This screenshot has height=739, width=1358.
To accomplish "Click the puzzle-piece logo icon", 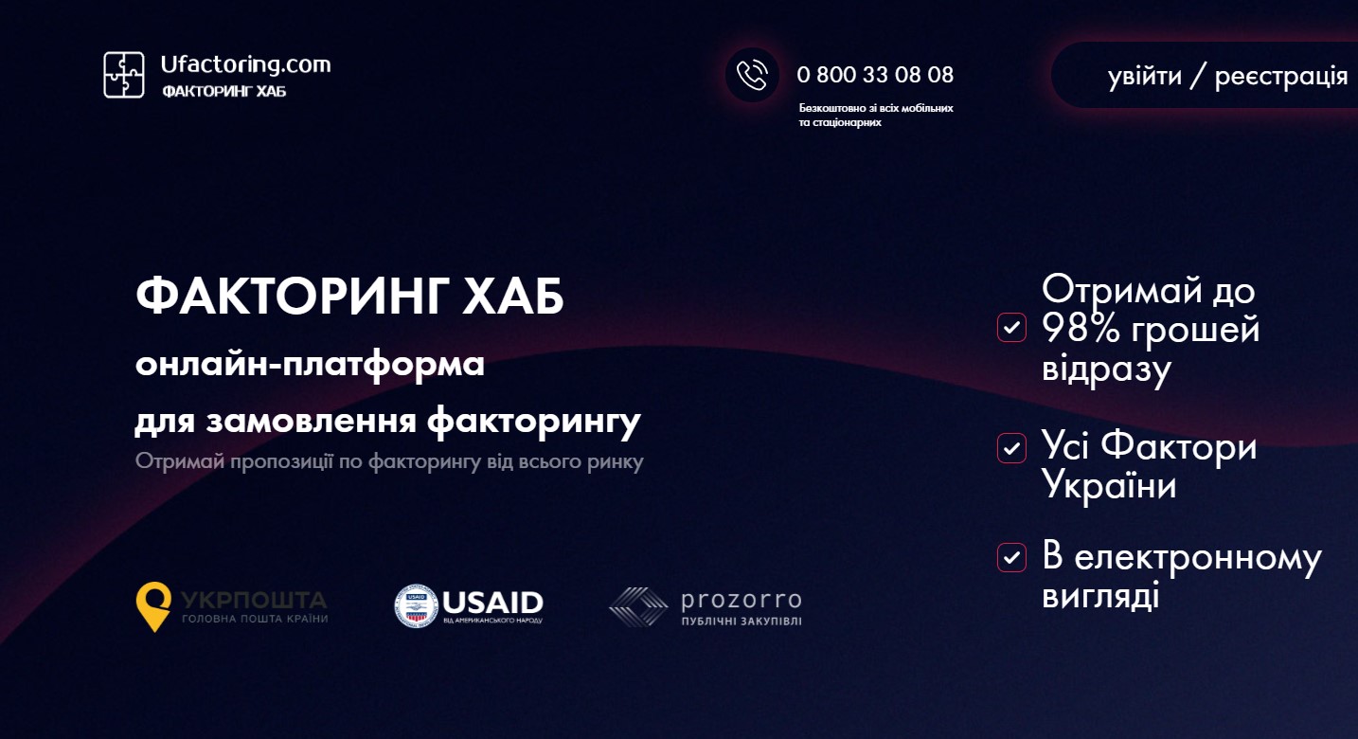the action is tap(124, 75).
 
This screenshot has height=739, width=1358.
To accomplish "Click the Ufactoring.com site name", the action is tap(245, 64).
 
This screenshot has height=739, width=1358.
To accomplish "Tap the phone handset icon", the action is tap(752, 75).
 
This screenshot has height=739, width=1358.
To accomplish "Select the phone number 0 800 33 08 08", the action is tap(875, 75).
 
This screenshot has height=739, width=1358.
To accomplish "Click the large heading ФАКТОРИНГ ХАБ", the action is tap(349, 297).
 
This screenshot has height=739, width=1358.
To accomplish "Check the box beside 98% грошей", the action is tap(1011, 328).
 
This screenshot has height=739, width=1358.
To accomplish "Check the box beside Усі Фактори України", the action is tap(1011, 448).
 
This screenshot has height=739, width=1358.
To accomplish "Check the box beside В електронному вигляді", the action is tap(1011, 558).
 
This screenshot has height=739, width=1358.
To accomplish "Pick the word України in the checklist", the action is tap(1109, 485).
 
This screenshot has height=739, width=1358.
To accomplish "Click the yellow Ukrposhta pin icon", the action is tap(153, 606).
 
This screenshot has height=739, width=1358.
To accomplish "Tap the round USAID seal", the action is tap(416, 605).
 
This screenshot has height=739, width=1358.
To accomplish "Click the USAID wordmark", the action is tap(492, 603).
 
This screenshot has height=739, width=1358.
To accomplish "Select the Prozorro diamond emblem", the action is tap(638, 606).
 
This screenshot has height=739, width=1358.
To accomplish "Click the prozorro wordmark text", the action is tap(742, 600).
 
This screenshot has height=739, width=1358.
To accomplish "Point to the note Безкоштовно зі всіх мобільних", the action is tap(876, 108).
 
